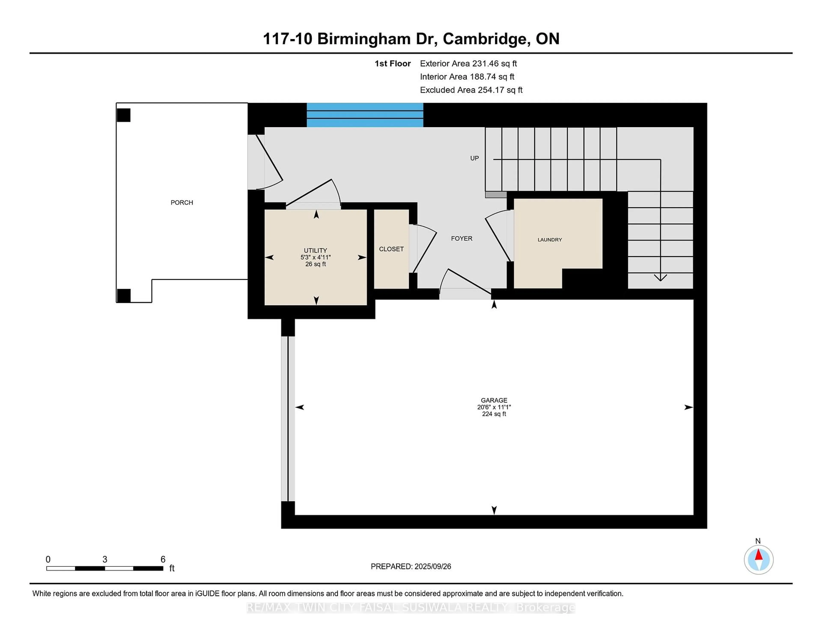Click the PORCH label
(182, 202)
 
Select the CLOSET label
(392, 249)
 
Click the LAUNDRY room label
(550, 240)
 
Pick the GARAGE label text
(494, 400)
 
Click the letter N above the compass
(758, 541)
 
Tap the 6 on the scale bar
(163, 559)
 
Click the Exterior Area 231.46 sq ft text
(469, 64)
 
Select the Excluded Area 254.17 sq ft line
(471, 90)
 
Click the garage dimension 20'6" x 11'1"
(494, 407)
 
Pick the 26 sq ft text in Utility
(315, 264)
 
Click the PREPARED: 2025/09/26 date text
(411, 567)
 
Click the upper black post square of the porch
(124, 115)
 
